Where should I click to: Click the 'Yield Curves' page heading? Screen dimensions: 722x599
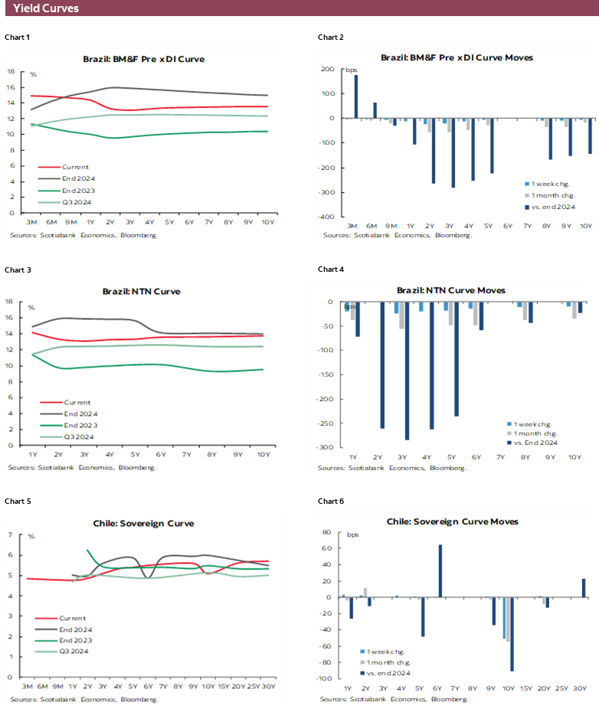(x=45, y=8)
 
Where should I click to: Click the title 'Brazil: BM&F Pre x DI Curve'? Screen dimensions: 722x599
(x=143, y=59)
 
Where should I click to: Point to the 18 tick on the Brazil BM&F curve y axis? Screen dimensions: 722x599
(x=11, y=71)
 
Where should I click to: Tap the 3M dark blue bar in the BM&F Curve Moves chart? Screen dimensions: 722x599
(x=355, y=96)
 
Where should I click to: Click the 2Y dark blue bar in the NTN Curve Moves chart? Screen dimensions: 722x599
(x=382, y=364)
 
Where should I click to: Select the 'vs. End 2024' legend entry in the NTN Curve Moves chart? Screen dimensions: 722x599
(x=535, y=442)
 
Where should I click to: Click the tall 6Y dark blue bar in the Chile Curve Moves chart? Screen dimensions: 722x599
(x=440, y=570)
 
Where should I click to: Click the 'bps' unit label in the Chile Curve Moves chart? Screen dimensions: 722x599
(x=352, y=534)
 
